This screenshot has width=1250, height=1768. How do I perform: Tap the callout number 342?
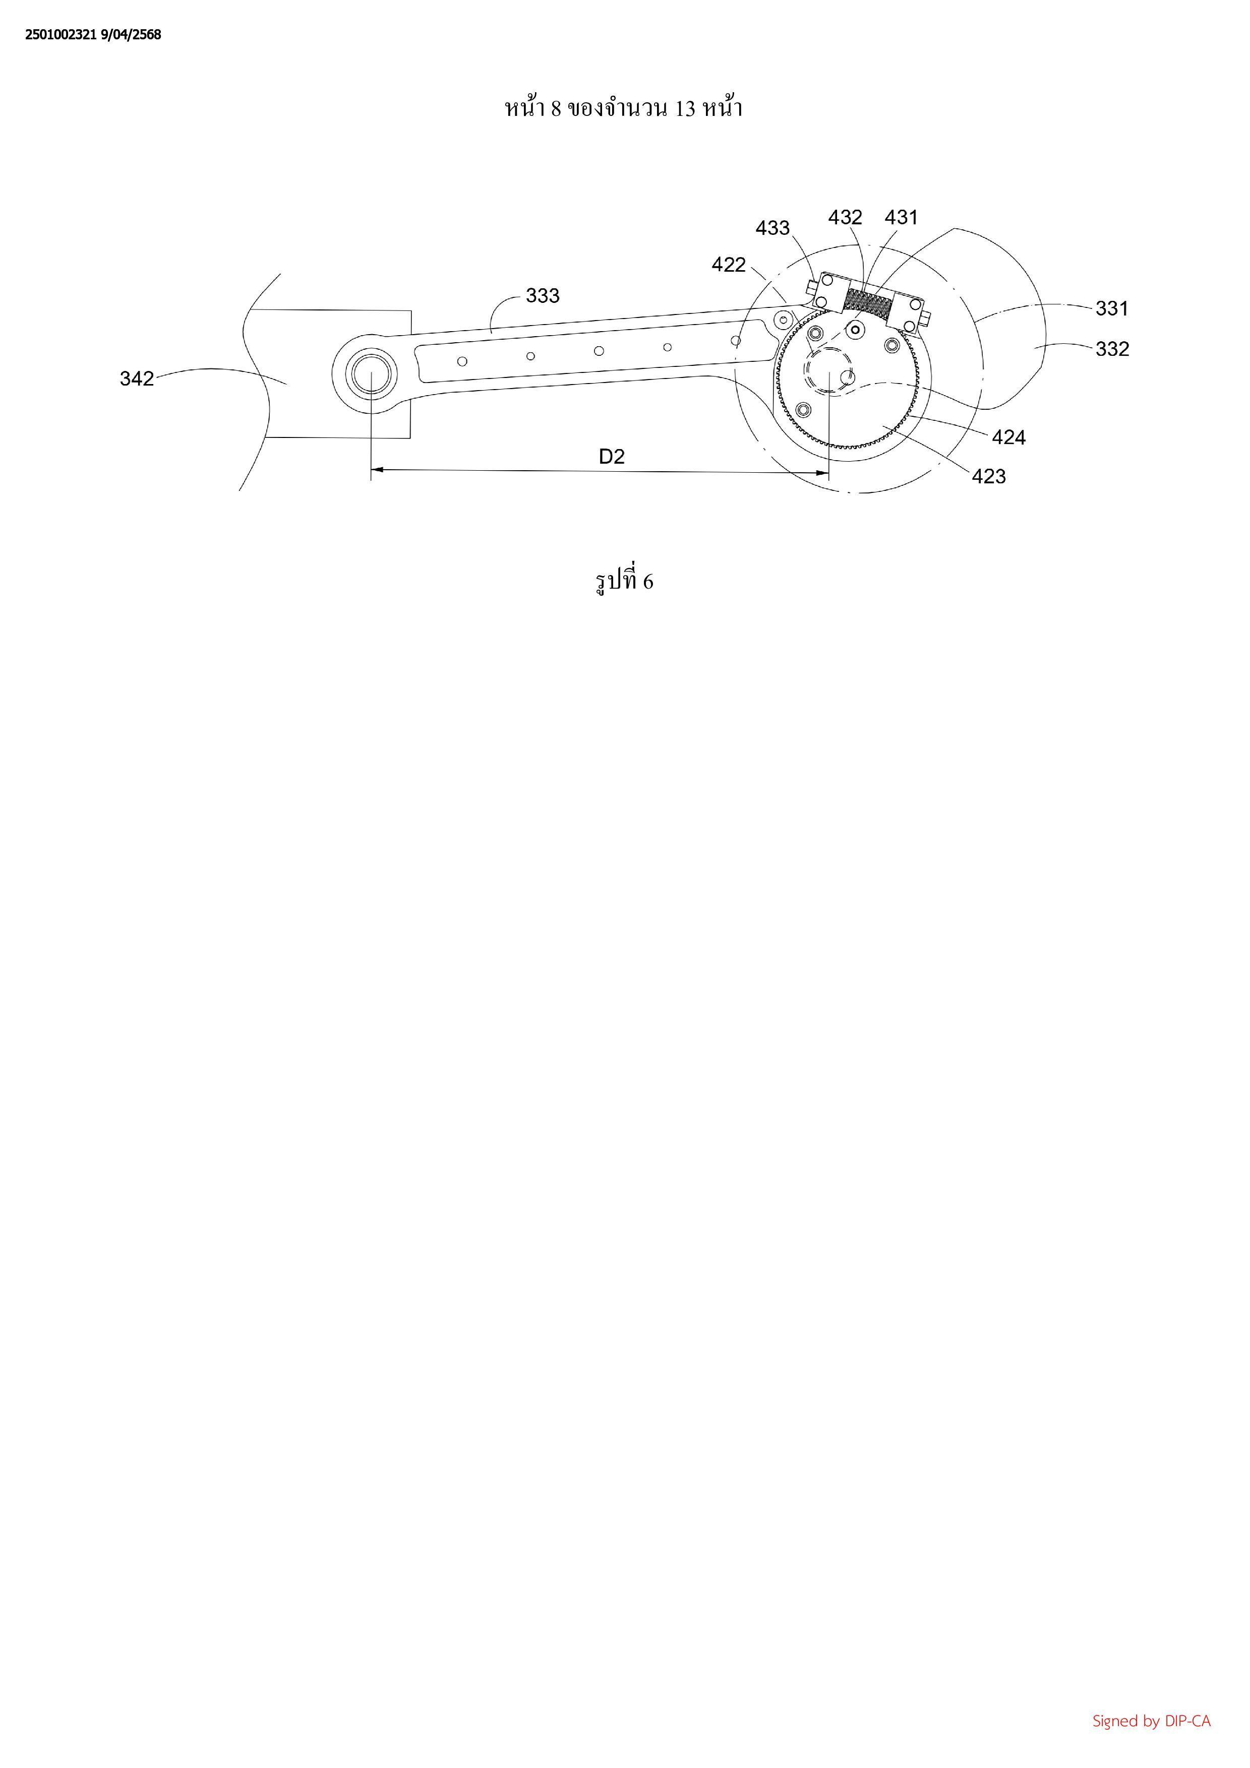pyautogui.click(x=137, y=379)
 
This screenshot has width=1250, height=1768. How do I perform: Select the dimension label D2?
pyautogui.click(x=612, y=457)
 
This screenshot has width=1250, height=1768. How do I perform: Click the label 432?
pyautogui.click(x=845, y=218)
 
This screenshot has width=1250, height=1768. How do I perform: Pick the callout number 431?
pyautogui.click(x=901, y=218)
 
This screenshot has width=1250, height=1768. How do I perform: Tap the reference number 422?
pyautogui.click(x=729, y=265)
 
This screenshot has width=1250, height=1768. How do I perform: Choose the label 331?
pyautogui.click(x=1112, y=309)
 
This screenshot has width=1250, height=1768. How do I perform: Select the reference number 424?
pyautogui.click(x=1009, y=437)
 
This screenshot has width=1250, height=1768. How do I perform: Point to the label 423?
pyautogui.click(x=989, y=477)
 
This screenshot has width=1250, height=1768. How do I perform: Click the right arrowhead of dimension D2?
pyautogui.click(x=822, y=472)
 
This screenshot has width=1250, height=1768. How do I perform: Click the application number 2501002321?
pyautogui.click(x=62, y=35)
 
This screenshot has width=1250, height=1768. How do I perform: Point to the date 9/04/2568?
pyautogui.click(x=131, y=35)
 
